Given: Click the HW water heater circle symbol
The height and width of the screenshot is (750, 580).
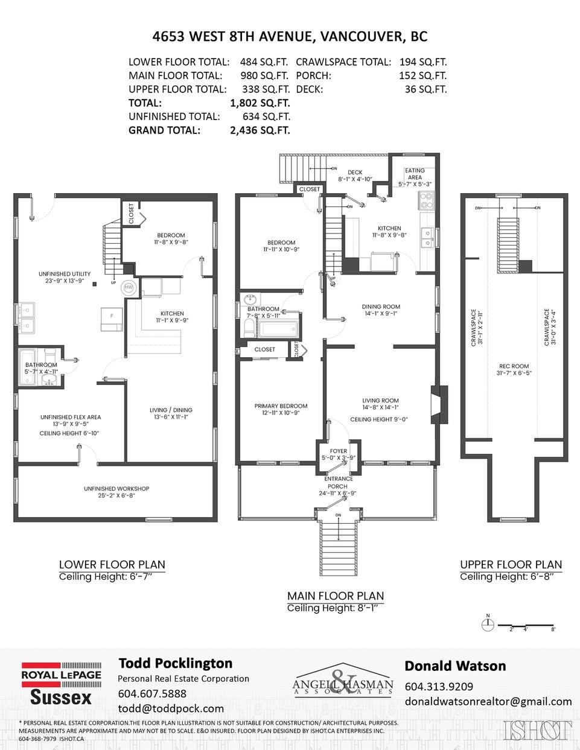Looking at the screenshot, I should (128, 288).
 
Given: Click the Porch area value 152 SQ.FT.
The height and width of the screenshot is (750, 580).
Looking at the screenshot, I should (422, 75).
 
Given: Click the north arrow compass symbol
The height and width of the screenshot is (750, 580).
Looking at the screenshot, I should (486, 622).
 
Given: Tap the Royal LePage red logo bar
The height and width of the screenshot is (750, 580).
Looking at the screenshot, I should (61, 675).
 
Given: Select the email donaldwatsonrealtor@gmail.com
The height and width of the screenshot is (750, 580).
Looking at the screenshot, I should (488, 701).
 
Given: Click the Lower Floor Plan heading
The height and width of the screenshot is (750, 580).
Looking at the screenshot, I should (112, 565).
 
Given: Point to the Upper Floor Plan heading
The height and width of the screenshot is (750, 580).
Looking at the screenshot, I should (511, 565).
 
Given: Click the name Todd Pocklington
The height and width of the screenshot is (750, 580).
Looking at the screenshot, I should (175, 663).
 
